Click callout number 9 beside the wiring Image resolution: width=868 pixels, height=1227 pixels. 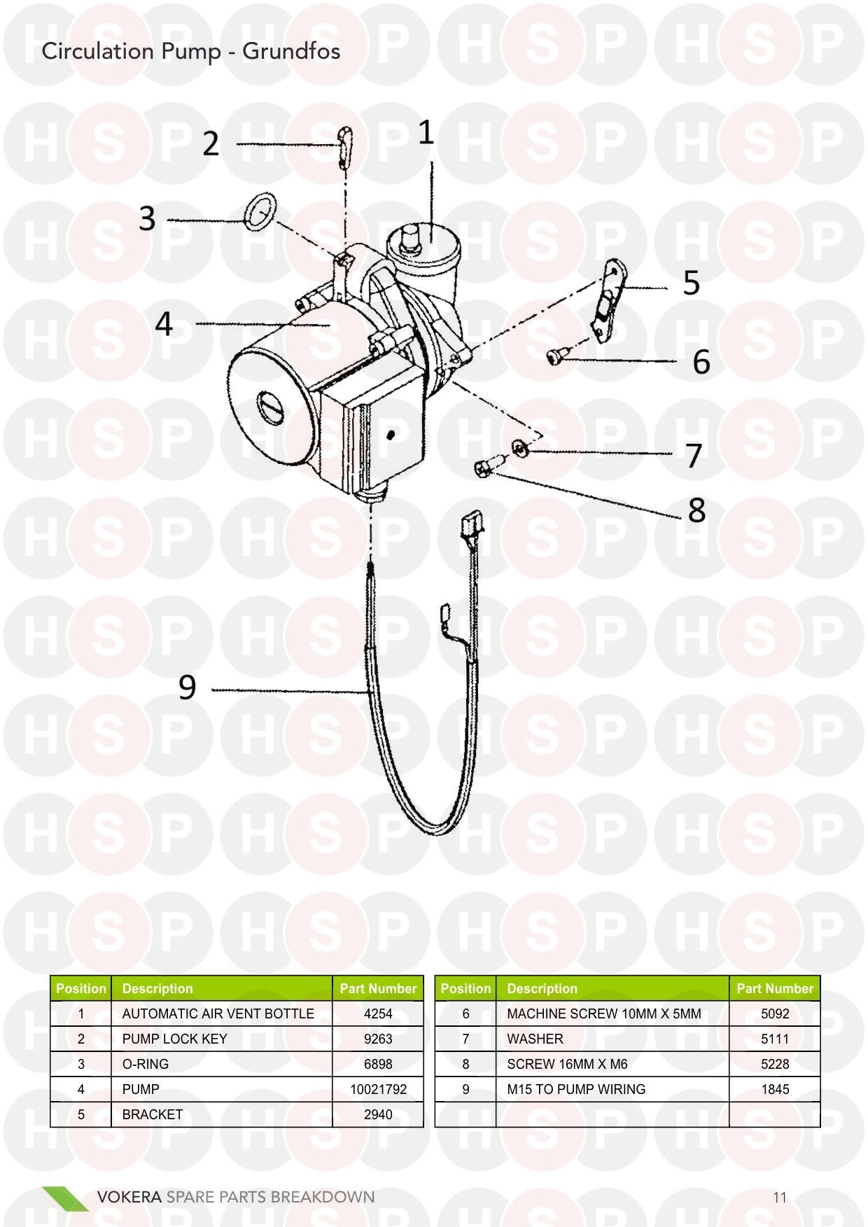(x=187, y=687)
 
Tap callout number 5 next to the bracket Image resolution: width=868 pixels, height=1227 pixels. (x=691, y=283)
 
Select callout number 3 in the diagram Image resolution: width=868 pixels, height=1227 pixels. (x=147, y=218)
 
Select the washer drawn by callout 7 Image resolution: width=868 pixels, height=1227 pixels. (x=519, y=447)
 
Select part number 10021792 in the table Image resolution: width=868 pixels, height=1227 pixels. (x=378, y=1089)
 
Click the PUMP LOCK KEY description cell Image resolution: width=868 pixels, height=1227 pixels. (x=175, y=1039)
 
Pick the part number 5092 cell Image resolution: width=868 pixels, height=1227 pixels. (x=774, y=1014)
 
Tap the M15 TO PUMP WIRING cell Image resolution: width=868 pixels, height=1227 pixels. (x=576, y=1089)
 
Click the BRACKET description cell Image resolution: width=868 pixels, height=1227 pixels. (x=153, y=1114)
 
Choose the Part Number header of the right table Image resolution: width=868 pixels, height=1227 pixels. (x=774, y=988)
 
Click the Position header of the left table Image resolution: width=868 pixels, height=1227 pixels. (x=81, y=988)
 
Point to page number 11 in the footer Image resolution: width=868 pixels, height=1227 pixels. (x=780, y=1197)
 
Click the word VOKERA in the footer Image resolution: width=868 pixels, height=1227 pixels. (x=129, y=1197)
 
